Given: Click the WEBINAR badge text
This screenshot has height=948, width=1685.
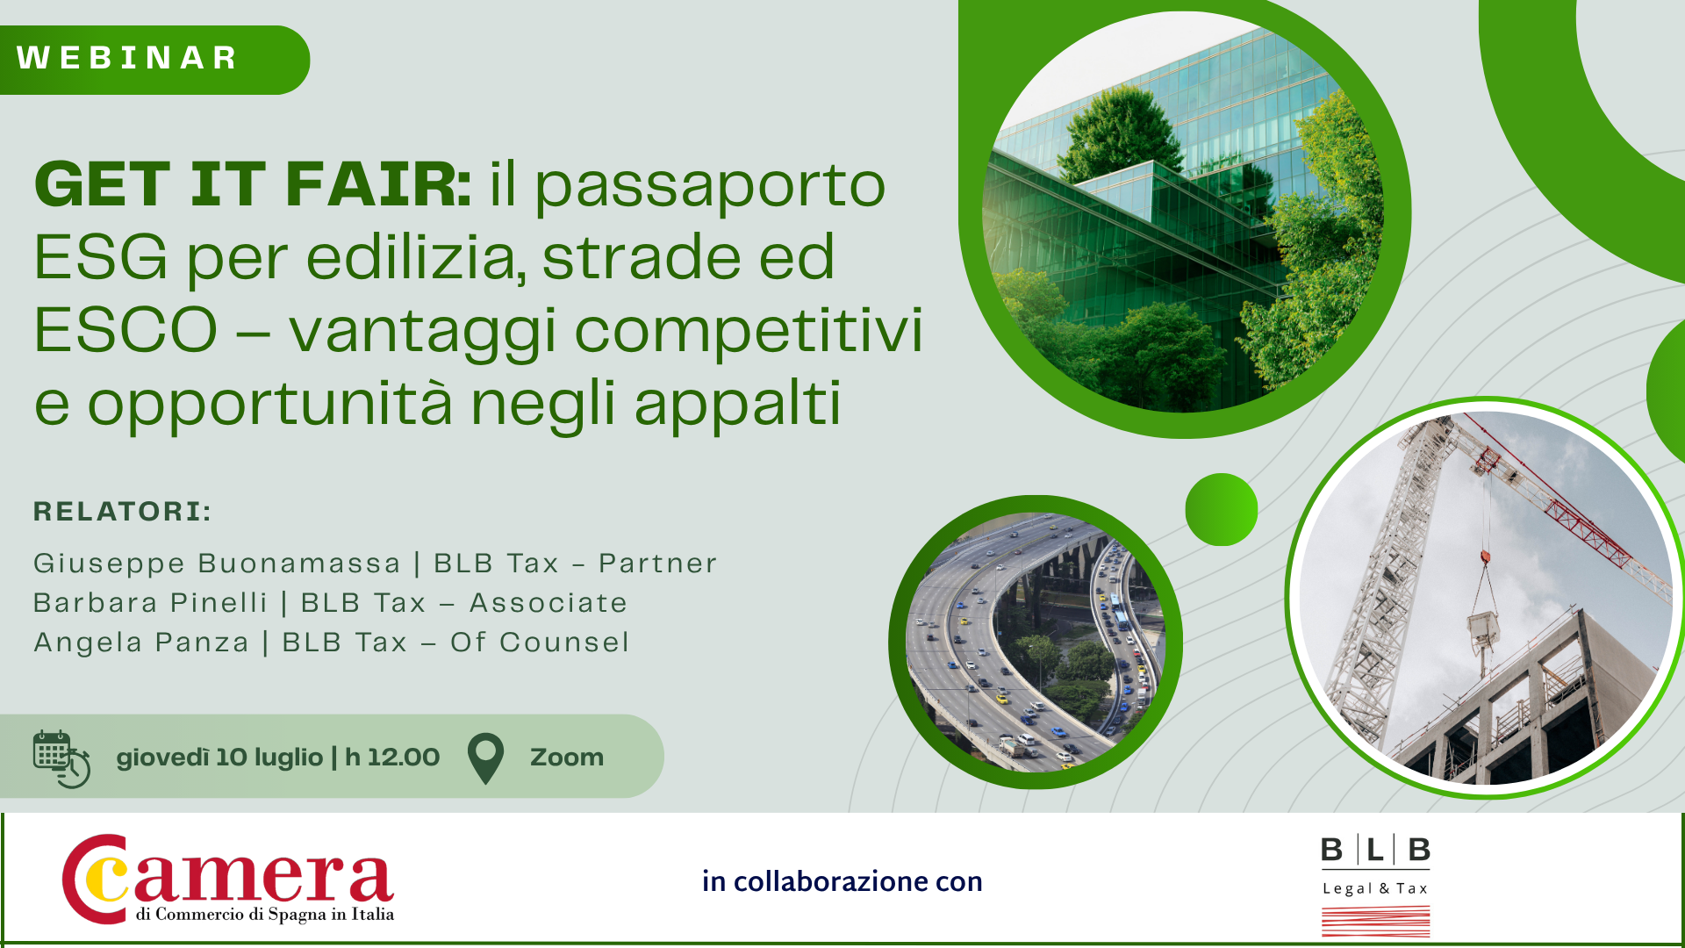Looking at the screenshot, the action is click(127, 58).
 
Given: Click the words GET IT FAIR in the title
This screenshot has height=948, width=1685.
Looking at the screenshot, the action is click(253, 184).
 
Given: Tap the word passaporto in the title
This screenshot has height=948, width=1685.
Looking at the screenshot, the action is click(710, 187).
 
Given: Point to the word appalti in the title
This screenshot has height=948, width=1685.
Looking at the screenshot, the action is click(737, 405).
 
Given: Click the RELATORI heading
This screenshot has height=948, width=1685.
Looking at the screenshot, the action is click(123, 512).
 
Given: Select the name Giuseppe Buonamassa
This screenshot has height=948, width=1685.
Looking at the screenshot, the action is click(217, 564).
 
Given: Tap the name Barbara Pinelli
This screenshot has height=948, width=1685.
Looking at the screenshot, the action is click(150, 603).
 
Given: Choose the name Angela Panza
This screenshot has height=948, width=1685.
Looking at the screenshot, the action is click(141, 643).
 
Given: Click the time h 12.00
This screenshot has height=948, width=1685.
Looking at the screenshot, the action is click(392, 758).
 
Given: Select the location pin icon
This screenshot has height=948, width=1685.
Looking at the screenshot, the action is click(485, 758).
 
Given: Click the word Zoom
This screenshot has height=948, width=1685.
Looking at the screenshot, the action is click(567, 758).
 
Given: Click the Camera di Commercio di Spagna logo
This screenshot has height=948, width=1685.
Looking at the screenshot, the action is click(228, 879).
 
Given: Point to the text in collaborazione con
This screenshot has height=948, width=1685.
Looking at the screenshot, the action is click(842, 881).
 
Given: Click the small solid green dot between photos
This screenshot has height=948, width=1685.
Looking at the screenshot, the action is click(1222, 510).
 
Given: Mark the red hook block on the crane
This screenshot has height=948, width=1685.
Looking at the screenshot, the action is click(1485, 557).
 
